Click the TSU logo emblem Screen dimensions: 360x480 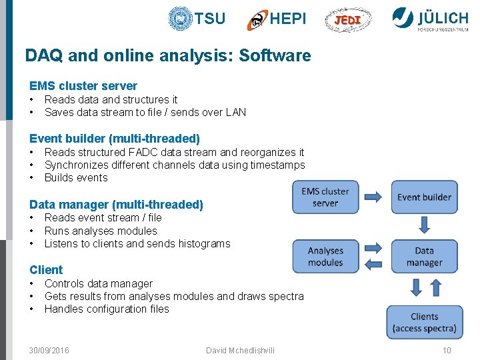pos(180,19)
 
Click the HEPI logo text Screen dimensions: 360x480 pos(288,19)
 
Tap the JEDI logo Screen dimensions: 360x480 pos(348,20)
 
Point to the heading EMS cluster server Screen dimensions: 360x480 pos(83,86)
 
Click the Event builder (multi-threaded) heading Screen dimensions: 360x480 pos(115,139)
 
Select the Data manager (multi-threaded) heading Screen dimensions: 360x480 pos(116,205)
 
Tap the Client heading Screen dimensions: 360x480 pos(46,270)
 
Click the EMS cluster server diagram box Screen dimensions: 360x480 pos(325,197)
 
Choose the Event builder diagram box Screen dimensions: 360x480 pos(424,197)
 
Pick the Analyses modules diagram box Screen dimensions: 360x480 pos(325,257)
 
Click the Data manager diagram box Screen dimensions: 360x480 pos(424,257)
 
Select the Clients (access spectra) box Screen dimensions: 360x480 pos(424,322)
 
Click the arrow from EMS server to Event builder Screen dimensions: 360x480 pos(374,197)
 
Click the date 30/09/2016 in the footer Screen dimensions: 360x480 pos(49,351)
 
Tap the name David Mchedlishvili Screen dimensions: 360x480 pos(240,351)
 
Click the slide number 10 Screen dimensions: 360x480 pos(447,351)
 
